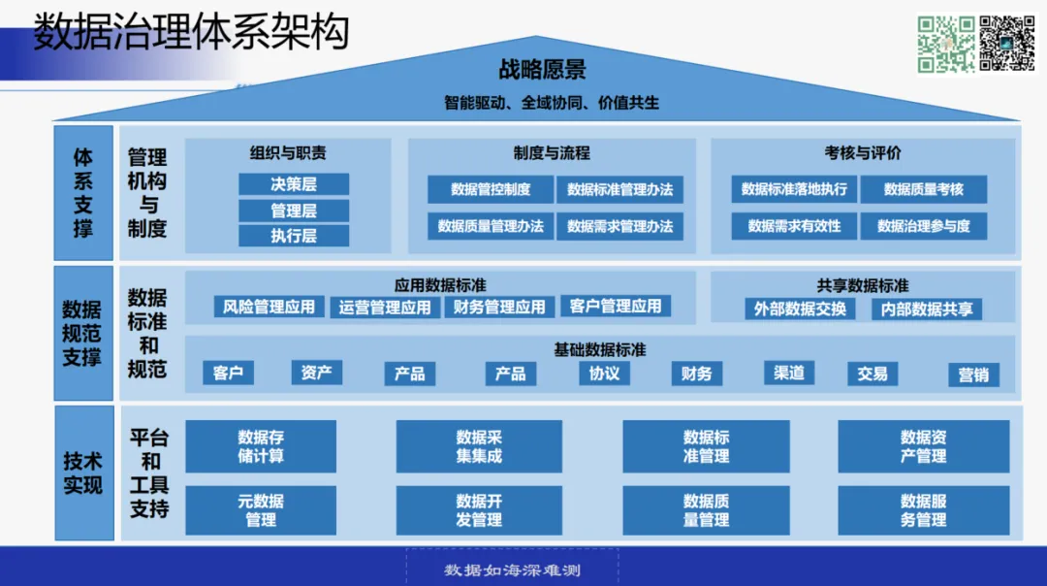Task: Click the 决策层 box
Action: tap(294, 184)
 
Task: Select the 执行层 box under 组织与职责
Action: tap(294, 235)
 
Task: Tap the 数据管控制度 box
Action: tap(491, 189)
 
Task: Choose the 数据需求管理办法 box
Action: tap(619, 226)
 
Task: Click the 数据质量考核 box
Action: tap(924, 189)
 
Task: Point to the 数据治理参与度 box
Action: tap(924, 226)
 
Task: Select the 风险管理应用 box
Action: tap(269, 307)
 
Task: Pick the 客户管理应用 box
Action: tap(616, 306)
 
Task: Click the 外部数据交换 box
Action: tap(801, 309)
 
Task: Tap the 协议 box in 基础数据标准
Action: tap(604, 373)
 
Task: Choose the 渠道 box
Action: tap(789, 373)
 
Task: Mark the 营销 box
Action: tap(973, 374)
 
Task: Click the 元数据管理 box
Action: tap(261, 510)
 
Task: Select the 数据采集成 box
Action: tap(479, 446)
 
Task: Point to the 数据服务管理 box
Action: tap(923, 510)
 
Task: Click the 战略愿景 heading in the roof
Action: tap(542, 70)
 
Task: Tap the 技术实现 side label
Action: tap(83, 472)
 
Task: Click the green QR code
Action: tap(946, 44)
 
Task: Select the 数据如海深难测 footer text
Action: tap(512, 570)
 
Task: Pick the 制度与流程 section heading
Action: tap(551, 153)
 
